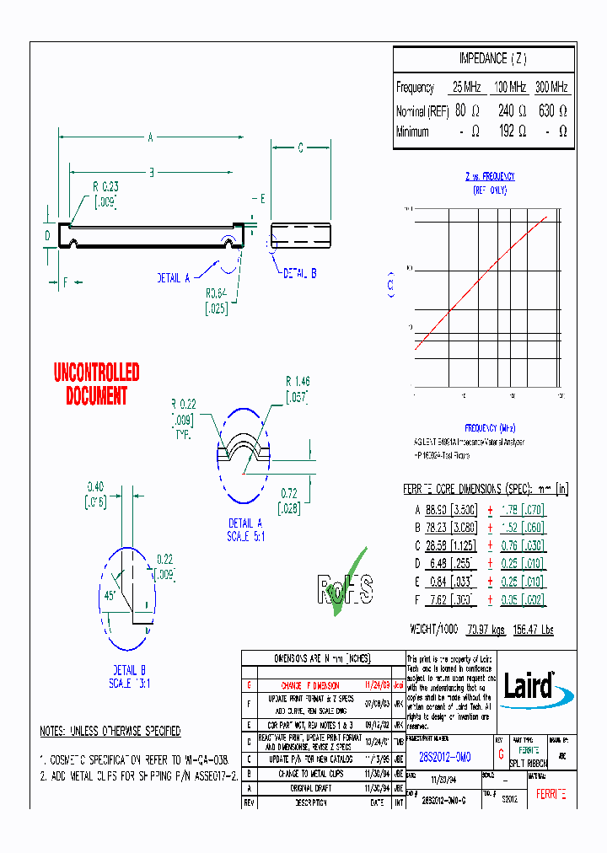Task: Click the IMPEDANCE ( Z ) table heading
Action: tap(492, 59)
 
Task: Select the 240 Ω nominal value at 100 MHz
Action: tap(511, 110)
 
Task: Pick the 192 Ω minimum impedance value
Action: tap(511, 131)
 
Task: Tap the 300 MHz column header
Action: tap(551, 87)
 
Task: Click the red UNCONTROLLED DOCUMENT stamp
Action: tap(96, 384)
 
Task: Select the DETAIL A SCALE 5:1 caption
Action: tap(245, 529)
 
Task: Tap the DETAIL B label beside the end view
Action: tap(299, 274)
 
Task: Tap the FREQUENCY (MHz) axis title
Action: tap(489, 427)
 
